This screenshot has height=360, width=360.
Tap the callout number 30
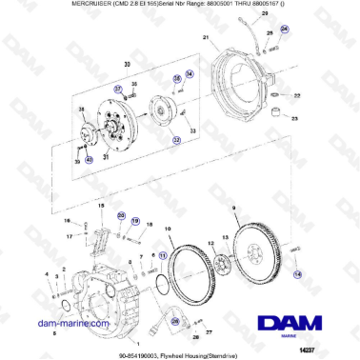coord(126,66)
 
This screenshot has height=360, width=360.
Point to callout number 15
coord(99,205)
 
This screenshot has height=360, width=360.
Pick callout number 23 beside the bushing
coord(295,117)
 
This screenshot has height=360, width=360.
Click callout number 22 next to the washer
coord(296,96)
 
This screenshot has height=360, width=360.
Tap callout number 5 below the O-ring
coord(54,334)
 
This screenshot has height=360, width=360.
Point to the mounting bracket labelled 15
coord(98,234)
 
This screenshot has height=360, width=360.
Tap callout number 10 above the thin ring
coord(169,229)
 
